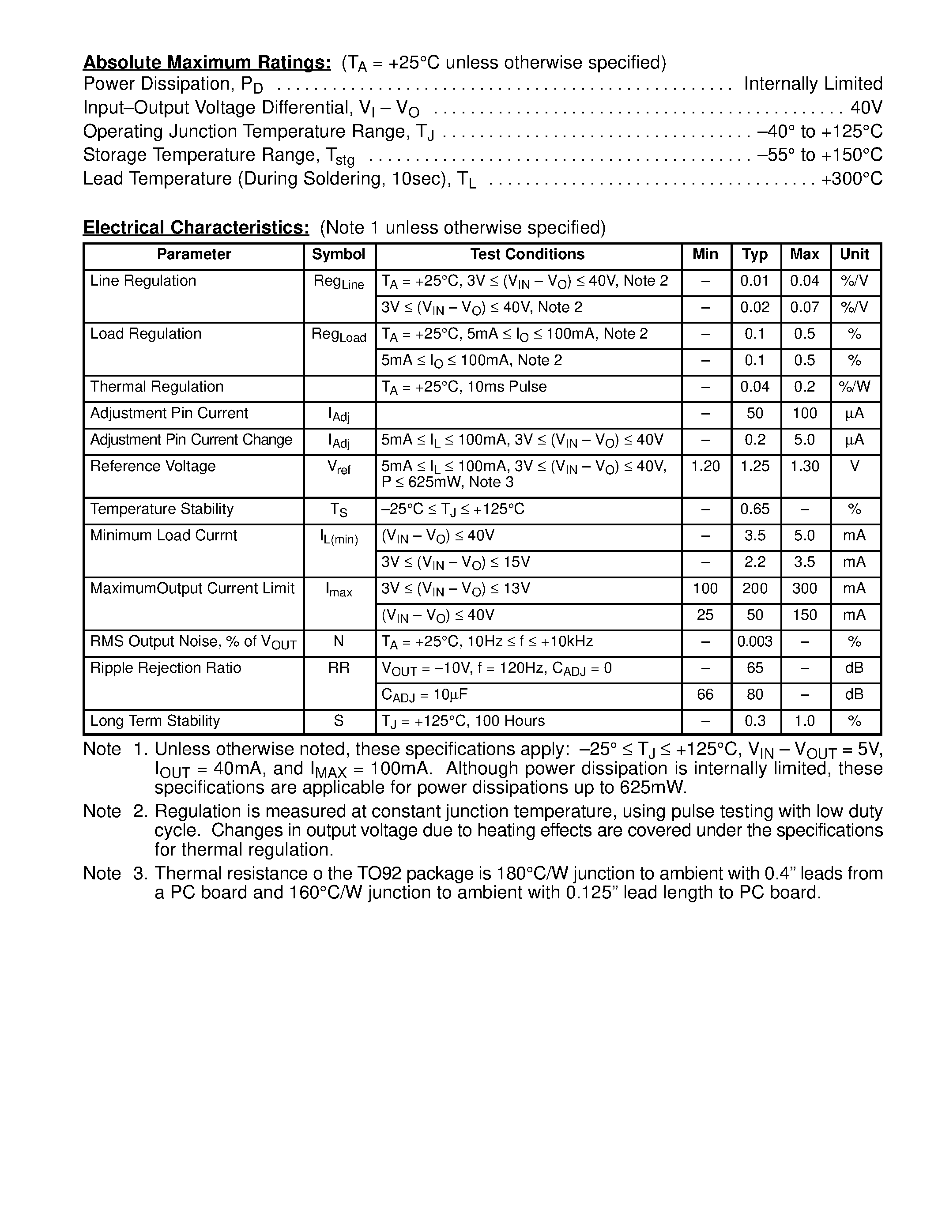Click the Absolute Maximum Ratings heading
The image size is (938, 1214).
pyautogui.click(x=207, y=63)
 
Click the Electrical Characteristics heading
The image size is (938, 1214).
pyautogui.click(x=196, y=228)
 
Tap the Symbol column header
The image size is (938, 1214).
pyautogui.click(x=339, y=255)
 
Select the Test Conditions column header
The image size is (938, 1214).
pyautogui.click(x=527, y=255)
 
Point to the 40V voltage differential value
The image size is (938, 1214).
pyautogui.click(x=866, y=107)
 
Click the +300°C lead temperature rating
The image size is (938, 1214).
pyautogui.click(x=851, y=179)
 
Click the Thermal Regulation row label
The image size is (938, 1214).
pyautogui.click(x=157, y=387)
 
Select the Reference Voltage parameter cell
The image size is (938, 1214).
pyautogui.click(x=153, y=466)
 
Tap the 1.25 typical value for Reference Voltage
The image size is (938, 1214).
pyautogui.click(x=755, y=466)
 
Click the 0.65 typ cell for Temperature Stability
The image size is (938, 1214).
pyautogui.click(x=755, y=509)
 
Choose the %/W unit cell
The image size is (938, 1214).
pyautogui.click(x=854, y=387)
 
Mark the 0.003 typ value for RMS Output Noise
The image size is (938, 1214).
pyautogui.click(x=755, y=641)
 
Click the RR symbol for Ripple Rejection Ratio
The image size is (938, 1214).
pyautogui.click(x=339, y=668)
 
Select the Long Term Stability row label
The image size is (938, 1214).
pyautogui.click(x=155, y=721)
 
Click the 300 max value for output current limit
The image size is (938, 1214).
pyautogui.click(x=804, y=588)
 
